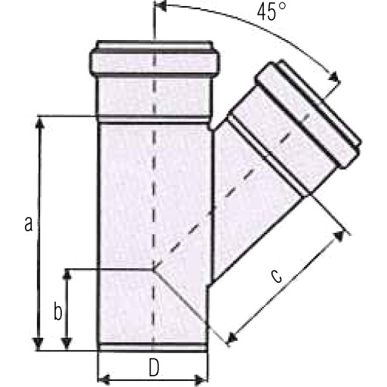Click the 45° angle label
[x=271, y=12]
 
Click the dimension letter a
[x=29, y=224]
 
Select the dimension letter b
[x=58, y=311]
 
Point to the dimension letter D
[x=154, y=367]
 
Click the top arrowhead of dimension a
[x=39, y=123]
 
